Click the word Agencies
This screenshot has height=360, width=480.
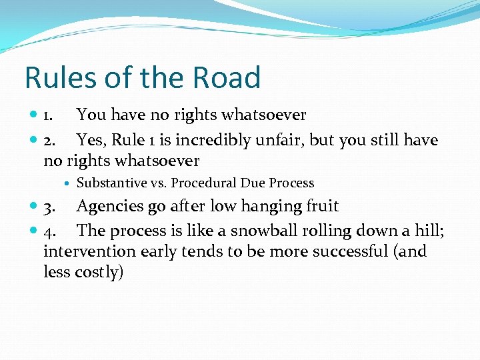pyautogui.click(x=109, y=207)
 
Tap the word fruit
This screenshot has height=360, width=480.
pyautogui.click(x=319, y=206)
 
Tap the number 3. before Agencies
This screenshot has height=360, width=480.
pyautogui.click(x=49, y=207)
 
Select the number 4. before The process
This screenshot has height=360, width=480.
pyautogui.click(x=49, y=231)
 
